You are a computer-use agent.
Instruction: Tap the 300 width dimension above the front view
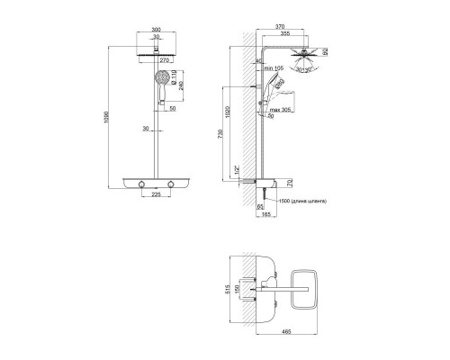(x=158, y=29)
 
